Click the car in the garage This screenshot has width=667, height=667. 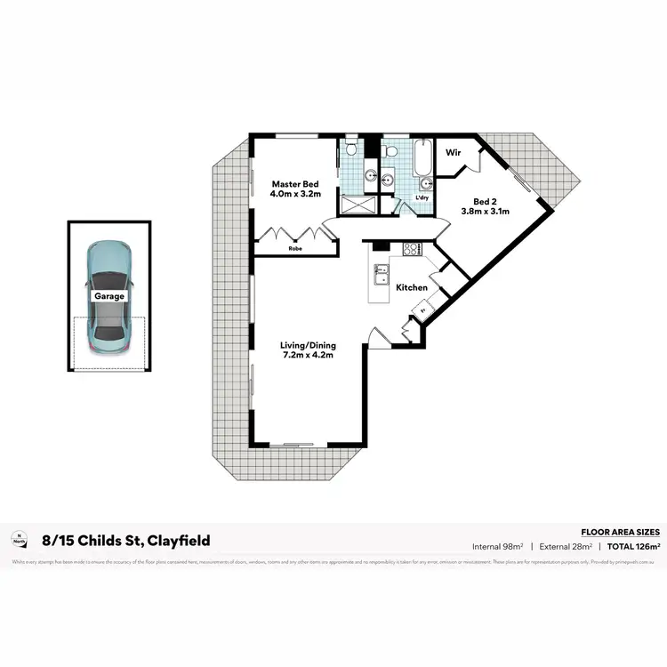click(107, 296)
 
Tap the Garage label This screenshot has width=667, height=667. click(107, 296)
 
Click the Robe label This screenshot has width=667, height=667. click(294, 249)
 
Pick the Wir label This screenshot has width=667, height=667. click(453, 153)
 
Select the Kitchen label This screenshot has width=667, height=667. click(412, 287)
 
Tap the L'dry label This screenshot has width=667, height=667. click(422, 197)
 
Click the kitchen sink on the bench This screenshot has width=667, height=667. click(384, 273)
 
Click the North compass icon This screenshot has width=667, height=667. click(19, 539)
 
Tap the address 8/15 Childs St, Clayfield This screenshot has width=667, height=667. click(125, 540)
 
